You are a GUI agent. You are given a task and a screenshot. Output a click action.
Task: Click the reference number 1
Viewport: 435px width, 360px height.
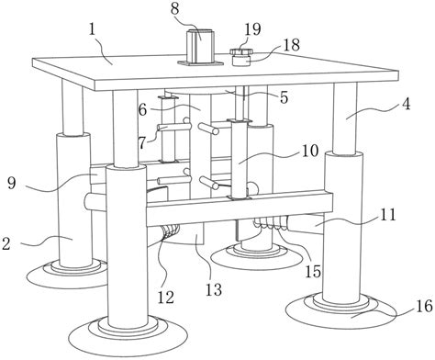(x=93, y=31)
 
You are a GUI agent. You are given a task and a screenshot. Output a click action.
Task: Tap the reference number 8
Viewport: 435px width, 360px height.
(x=174, y=8)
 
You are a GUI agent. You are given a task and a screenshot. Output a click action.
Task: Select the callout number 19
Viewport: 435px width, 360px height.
(x=252, y=29)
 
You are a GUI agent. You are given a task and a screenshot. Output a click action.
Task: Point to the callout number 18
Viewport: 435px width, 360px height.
(x=291, y=45)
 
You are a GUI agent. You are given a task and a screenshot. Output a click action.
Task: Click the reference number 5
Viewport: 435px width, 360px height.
(x=284, y=97)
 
